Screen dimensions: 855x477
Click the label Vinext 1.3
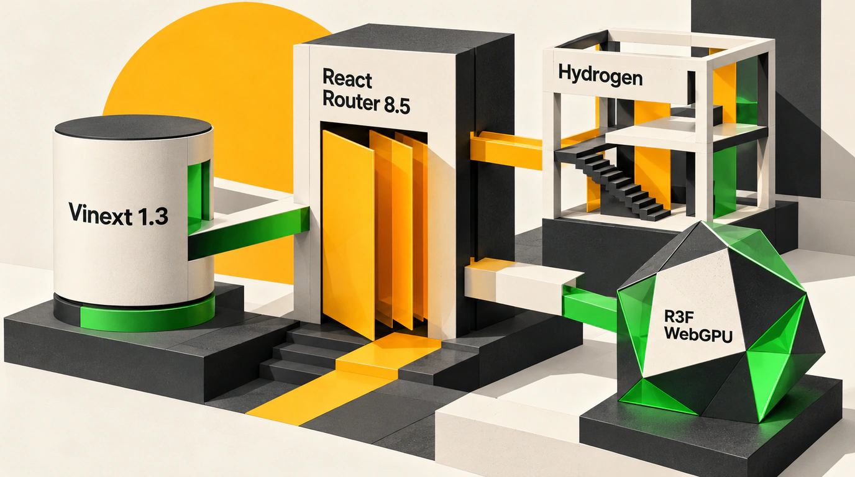pyautogui.click(x=118, y=214)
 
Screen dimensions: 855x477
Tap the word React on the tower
pyautogui.click(x=347, y=78)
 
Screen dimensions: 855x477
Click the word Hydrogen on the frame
pyautogui.click(x=600, y=76)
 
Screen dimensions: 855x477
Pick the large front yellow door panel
pyautogui.click(x=348, y=233)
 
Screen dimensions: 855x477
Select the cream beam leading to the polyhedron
pyautogui.click(x=523, y=283)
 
